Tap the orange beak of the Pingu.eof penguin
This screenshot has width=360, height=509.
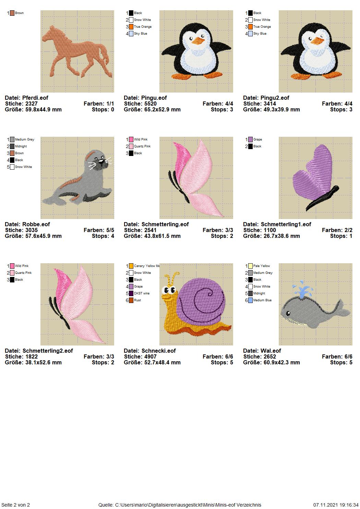[x=198, y=41]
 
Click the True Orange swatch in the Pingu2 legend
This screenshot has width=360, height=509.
[x=250, y=27]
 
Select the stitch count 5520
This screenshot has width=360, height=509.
[x=148, y=104]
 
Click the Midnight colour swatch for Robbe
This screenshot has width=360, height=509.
[x=12, y=146]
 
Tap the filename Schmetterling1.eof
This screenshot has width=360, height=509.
[x=286, y=224]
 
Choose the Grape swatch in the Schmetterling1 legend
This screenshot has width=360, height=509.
[x=250, y=140]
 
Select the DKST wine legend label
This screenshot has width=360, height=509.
[x=142, y=293]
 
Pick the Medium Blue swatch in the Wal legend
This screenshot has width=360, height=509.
[x=250, y=300]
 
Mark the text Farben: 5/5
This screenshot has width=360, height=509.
[x=99, y=230]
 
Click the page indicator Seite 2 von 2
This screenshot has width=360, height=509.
[x=16, y=505]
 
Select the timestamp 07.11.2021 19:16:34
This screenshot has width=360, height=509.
[x=336, y=505]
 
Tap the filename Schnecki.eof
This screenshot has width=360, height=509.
[x=159, y=351]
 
